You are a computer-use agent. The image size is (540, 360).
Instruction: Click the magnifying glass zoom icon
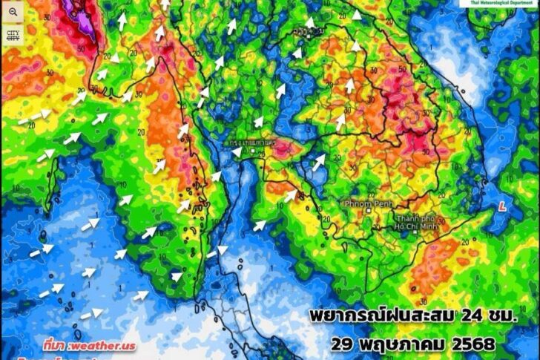(x=13, y=13)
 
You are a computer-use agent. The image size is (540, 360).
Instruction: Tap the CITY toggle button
(x=13, y=36)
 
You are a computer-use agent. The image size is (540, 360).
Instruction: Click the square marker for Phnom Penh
(x=368, y=210)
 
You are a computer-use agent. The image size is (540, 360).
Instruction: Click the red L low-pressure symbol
(x=504, y=204)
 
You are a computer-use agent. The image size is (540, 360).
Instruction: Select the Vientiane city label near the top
(x=306, y=31)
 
